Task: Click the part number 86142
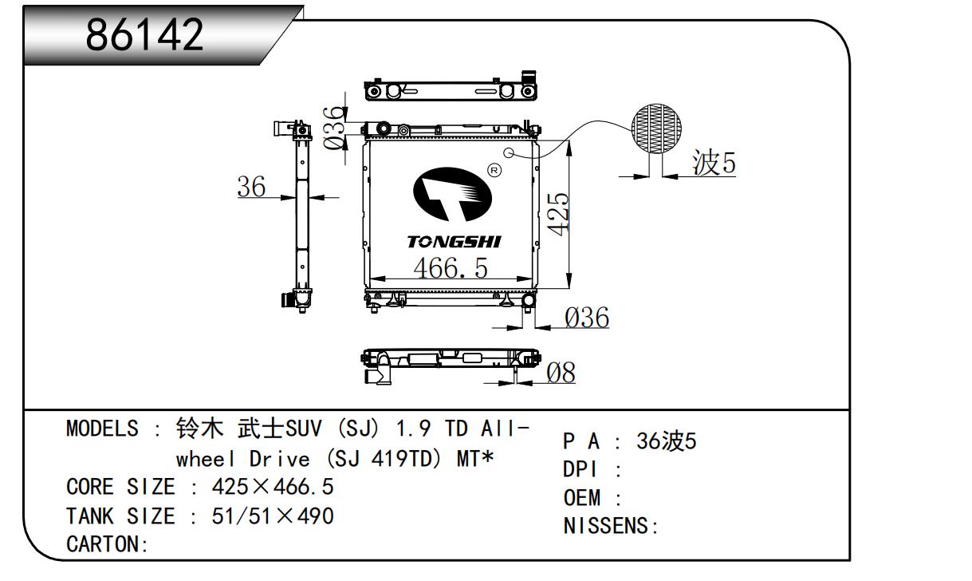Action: [x=145, y=34]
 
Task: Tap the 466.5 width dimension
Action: [x=450, y=267]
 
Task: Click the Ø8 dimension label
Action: [x=560, y=373]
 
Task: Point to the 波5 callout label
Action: [x=714, y=164]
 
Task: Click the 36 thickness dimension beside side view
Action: [x=251, y=187]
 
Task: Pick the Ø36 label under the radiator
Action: [x=586, y=318]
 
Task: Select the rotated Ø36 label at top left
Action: [x=336, y=128]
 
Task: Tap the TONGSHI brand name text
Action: [x=454, y=241]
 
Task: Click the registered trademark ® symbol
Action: [x=493, y=170]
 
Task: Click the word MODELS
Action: [x=101, y=429]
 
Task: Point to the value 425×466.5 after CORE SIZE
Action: [x=272, y=486]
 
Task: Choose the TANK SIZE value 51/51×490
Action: [x=272, y=516]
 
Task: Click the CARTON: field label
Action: [x=108, y=544]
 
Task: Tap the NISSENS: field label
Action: [x=610, y=527]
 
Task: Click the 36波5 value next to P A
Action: [x=666, y=441]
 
